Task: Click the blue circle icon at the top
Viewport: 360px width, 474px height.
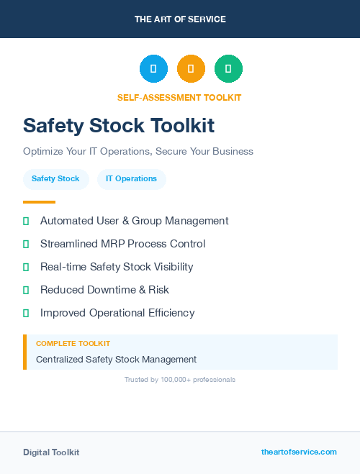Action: [x=153, y=69]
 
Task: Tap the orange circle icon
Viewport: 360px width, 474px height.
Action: [x=191, y=69]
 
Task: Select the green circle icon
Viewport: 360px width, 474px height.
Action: [x=228, y=69]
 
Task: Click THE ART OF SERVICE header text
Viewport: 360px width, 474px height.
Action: [x=180, y=19]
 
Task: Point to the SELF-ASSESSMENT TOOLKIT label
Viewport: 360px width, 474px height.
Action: [x=179, y=98]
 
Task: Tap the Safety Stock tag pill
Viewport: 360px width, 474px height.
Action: [x=55, y=179]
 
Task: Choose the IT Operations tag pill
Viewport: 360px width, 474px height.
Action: [x=131, y=179]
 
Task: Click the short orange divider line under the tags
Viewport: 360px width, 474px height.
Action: [x=39, y=202]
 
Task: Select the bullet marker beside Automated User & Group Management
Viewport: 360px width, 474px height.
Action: [x=26, y=221]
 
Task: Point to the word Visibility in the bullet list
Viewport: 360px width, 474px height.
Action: [x=169, y=267]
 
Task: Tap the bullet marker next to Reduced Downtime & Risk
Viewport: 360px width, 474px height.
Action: [x=26, y=290]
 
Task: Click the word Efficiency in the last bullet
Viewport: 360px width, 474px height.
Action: [x=168, y=313]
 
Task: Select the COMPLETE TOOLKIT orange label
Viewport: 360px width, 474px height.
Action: [x=73, y=344]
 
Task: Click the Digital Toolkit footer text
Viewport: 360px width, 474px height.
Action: [x=51, y=452]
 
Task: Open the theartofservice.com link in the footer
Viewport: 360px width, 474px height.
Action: [x=299, y=452]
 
